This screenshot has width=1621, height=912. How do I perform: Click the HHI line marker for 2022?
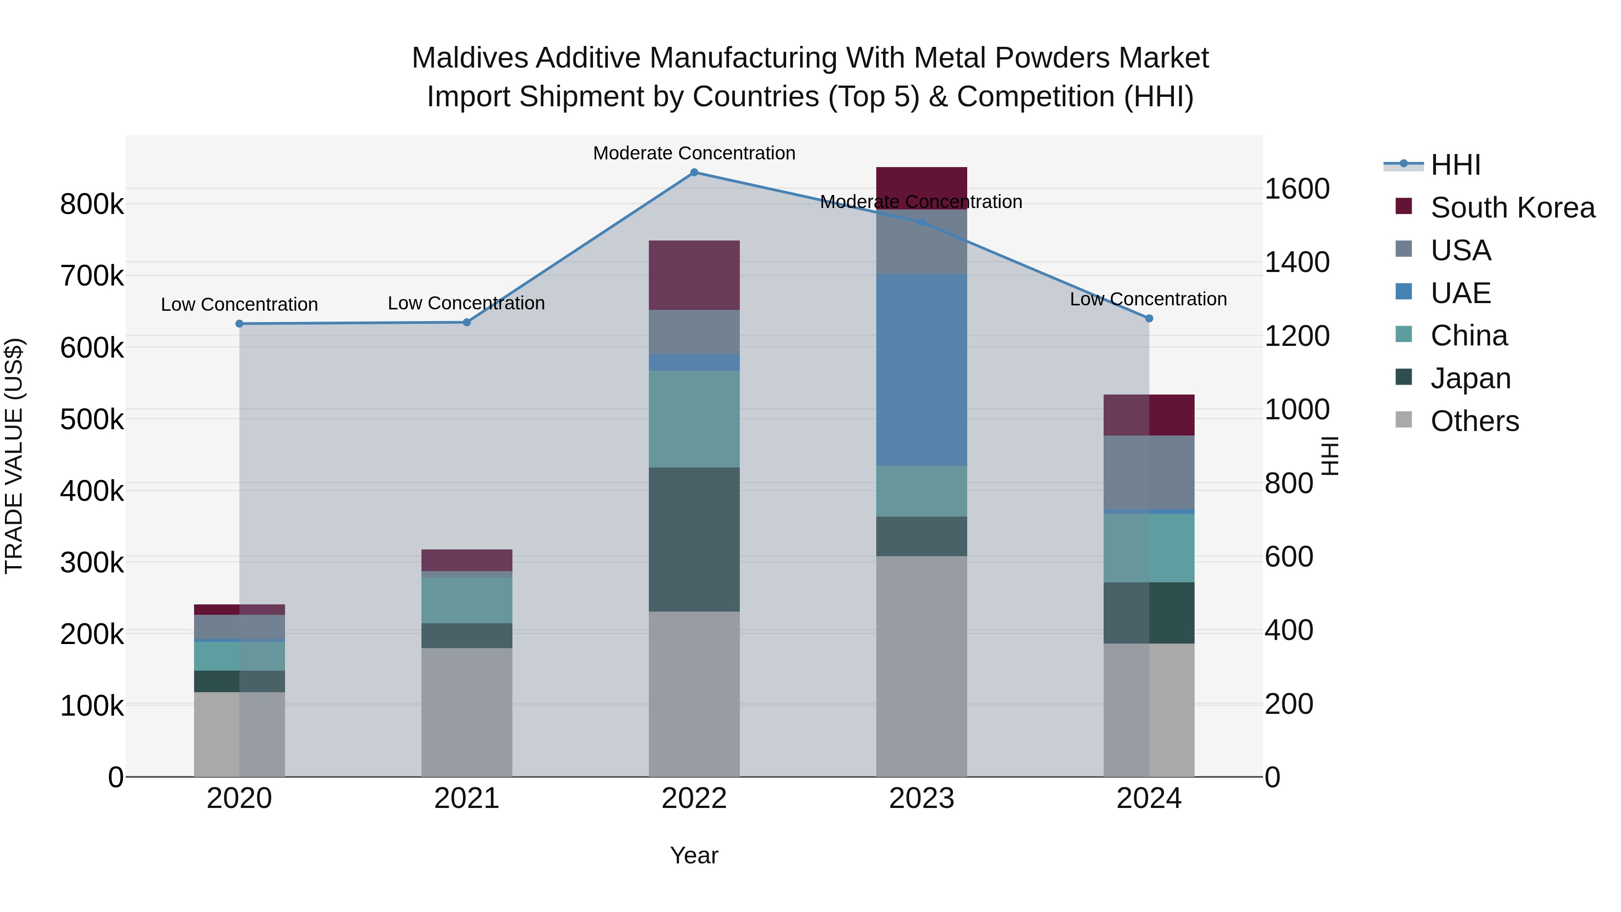[694, 172]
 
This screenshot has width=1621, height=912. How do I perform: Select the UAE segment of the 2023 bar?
[921, 370]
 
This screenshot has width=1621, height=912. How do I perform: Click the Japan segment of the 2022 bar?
[694, 540]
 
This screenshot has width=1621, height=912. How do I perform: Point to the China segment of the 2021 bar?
[466, 600]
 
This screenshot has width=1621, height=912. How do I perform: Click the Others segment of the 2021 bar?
[466, 712]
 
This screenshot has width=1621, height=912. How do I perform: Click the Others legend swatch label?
[1474, 421]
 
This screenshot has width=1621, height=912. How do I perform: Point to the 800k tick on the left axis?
[92, 204]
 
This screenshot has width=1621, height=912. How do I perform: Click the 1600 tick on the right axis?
[1297, 189]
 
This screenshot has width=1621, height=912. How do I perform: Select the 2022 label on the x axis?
[694, 799]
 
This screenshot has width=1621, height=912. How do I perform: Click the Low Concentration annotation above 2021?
[466, 304]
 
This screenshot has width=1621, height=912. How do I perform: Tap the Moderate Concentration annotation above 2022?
[694, 153]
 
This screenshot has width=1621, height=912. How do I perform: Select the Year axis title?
[694, 855]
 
